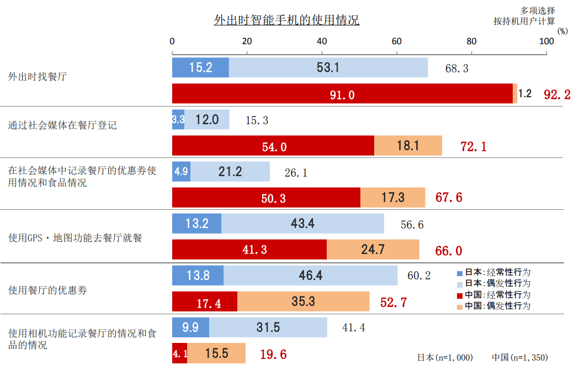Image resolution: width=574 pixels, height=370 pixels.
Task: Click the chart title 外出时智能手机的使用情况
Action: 286,20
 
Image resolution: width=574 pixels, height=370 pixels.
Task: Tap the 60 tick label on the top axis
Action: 396,41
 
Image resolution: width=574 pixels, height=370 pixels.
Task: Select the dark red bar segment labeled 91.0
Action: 342,94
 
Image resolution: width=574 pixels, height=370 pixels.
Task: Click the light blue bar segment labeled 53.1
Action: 328,67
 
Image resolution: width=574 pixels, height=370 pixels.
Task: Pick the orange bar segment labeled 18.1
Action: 408,146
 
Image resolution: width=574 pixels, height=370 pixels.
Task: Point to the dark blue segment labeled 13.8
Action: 198,276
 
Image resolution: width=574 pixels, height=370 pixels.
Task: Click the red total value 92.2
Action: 557,94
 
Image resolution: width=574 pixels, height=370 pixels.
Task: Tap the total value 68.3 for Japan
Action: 456,68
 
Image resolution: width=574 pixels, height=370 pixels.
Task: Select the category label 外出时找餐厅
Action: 37,77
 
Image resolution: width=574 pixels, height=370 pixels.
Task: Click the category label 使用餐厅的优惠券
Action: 47,290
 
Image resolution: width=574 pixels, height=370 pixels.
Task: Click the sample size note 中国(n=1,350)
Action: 520,357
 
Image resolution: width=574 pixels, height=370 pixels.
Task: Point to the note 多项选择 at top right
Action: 538,10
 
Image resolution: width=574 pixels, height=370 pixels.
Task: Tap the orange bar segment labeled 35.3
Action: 303,302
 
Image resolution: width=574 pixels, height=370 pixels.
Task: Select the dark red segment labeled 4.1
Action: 180,353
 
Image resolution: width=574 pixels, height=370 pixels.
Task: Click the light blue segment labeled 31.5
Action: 268,327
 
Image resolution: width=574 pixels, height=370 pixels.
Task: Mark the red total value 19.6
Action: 273,354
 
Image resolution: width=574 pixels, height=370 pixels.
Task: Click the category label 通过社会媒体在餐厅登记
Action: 62,125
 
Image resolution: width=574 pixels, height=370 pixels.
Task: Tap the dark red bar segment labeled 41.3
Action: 249,250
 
